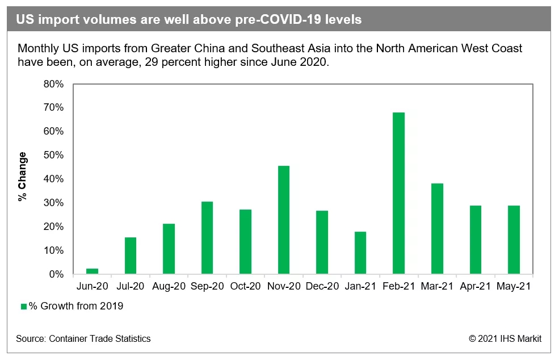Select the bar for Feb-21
point(398,193)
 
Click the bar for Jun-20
point(92,271)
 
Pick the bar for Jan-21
point(360,253)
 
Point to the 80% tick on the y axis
point(54,84)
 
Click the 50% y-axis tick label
point(54,155)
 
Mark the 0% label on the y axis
point(57,274)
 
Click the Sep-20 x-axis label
point(207,287)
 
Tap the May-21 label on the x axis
point(514,287)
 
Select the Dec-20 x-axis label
point(322,287)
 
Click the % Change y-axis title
point(22,177)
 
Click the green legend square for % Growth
point(24,307)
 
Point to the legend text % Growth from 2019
point(76,307)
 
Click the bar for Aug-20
point(169,249)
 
